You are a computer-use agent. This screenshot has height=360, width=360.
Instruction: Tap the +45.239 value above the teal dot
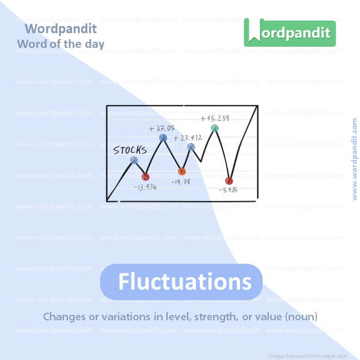(x=214, y=119)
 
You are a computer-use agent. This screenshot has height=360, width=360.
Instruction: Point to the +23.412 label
(x=188, y=138)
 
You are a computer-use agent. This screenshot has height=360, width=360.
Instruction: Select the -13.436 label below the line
(x=145, y=187)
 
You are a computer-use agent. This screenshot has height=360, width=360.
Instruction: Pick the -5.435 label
(x=228, y=190)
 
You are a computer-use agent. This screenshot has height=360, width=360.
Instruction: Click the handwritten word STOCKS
(x=129, y=151)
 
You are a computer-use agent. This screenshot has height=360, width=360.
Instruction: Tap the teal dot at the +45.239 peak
(x=215, y=128)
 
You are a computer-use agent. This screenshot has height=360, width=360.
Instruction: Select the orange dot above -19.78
(x=182, y=171)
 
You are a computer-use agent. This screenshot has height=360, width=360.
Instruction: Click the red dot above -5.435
(x=229, y=181)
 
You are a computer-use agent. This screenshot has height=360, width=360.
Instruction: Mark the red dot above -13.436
(x=145, y=177)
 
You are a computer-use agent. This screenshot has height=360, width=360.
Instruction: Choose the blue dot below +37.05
(x=163, y=138)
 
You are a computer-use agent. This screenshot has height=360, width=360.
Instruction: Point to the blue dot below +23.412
(x=191, y=147)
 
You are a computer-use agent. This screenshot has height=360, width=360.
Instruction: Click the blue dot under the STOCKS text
(x=134, y=160)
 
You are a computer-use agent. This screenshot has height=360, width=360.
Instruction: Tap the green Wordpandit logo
(x=289, y=33)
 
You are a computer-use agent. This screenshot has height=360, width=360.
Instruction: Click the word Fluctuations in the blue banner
(x=185, y=282)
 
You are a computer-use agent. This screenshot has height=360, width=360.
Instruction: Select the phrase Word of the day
(x=60, y=44)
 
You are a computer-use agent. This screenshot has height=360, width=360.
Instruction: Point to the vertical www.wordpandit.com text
(x=355, y=159)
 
